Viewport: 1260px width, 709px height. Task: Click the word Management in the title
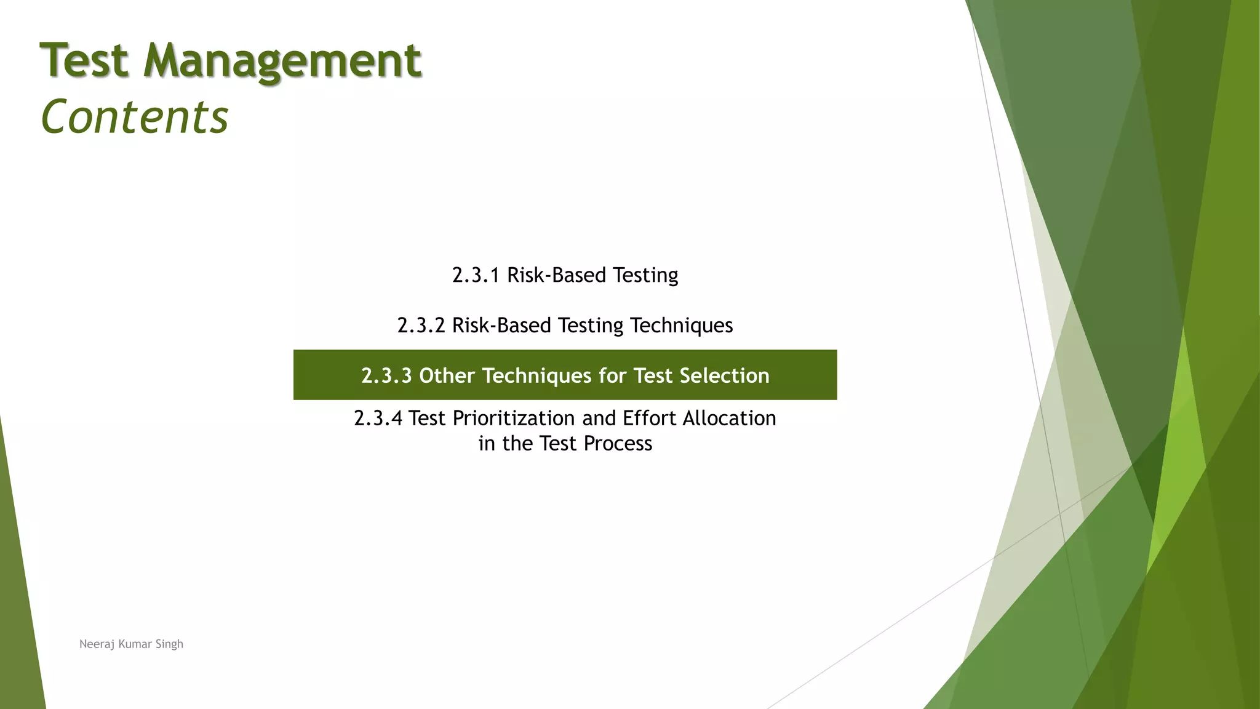coord(282,62)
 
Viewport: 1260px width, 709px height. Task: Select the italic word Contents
coord(134,117)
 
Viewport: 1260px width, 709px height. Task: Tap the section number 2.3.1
coord(476,275)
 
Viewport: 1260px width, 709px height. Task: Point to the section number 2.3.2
coord(421,326)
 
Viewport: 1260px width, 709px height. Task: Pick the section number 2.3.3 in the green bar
coord(386,375)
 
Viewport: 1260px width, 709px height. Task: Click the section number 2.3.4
coord(378,419)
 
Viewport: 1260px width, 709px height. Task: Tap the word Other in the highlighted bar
coord(447,375)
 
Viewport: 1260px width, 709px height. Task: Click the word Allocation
coord(729,419)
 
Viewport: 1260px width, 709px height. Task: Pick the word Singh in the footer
coord(169,644)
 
